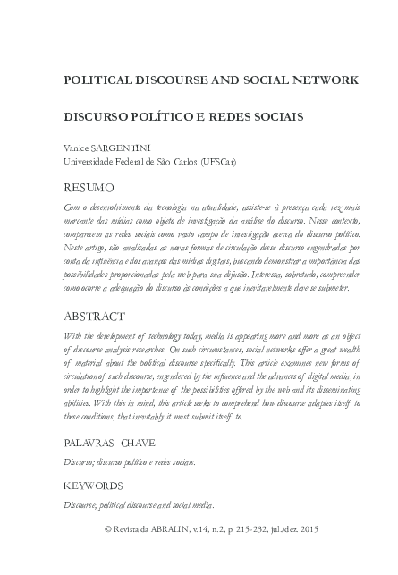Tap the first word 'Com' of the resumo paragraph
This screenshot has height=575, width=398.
coord(71,207)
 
